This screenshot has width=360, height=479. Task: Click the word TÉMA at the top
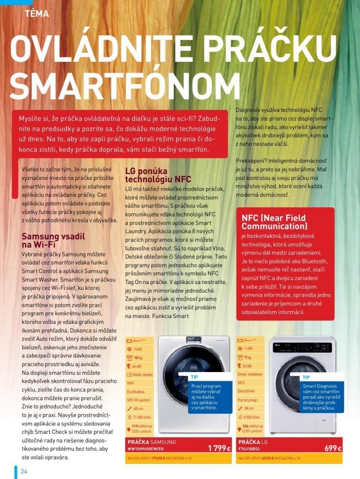pos(37,14)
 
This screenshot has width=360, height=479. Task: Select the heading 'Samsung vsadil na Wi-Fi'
pos(54,240)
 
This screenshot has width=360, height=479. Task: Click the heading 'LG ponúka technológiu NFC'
pos(158,175)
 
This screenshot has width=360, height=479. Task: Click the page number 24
pos(24,471)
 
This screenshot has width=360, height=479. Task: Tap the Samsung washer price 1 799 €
pos(219,448)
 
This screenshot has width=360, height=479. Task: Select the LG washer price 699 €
pos(333,448)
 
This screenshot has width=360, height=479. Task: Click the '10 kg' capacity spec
pos(138,357)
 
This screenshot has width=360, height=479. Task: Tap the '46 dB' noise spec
pos(138,366)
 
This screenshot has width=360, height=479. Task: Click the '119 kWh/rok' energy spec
pos(142,426)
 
